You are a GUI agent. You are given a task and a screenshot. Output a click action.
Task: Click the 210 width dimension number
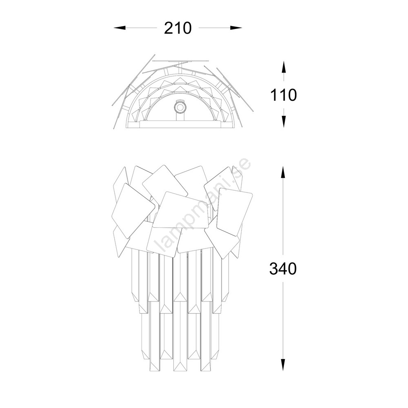coord(178,28)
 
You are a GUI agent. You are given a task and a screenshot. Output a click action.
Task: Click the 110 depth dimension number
coord(284,95)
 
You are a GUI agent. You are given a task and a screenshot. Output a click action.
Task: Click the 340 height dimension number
coord(283,268)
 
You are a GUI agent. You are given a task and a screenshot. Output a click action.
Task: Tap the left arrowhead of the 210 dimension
coord(120,28)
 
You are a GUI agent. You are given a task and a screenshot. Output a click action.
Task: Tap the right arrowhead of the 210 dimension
coord(236,28)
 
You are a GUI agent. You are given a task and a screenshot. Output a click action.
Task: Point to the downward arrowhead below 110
coord(284,122)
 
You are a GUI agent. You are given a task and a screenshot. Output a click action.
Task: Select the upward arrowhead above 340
coord(283,173)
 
